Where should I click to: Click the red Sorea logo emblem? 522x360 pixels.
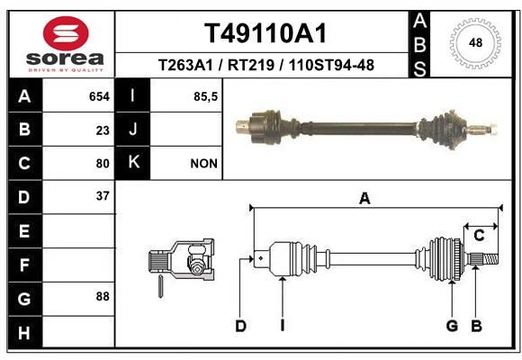click(x=66, y=33)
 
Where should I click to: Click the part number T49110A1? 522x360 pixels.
click(x=265, y=33)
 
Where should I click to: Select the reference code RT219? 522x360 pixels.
click(x=251, y=65)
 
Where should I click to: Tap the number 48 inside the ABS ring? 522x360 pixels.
click(x=475, y=42)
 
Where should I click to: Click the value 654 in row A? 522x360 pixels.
click(x=99, y=96)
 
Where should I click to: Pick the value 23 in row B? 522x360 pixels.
click(x=103, y=130)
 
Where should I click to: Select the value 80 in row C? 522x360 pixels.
click(x=103, y=164)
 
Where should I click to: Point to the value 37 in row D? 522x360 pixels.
click(x=103, y=196)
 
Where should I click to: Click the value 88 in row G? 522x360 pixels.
click(x=103, y=296)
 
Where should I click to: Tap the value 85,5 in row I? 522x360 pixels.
click(x=205, y=96)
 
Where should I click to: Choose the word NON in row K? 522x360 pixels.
click(x=203, y=164)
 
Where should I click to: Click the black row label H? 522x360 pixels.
click(x=25, y=332)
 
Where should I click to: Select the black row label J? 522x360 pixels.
click(x=132, y=129)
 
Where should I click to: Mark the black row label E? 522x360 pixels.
click(x=25, y=230)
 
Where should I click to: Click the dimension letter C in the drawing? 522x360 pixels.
click(x=479, y=236)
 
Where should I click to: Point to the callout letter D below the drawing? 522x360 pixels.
click(x=240, y=326)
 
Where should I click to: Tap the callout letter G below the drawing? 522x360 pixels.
click(x=452, y=326)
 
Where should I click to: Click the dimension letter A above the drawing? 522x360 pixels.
click(x=364, y=199)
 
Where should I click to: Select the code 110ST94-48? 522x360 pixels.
click(x=331, y=65)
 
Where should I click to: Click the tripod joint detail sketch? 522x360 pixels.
click(x=181, y=263)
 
